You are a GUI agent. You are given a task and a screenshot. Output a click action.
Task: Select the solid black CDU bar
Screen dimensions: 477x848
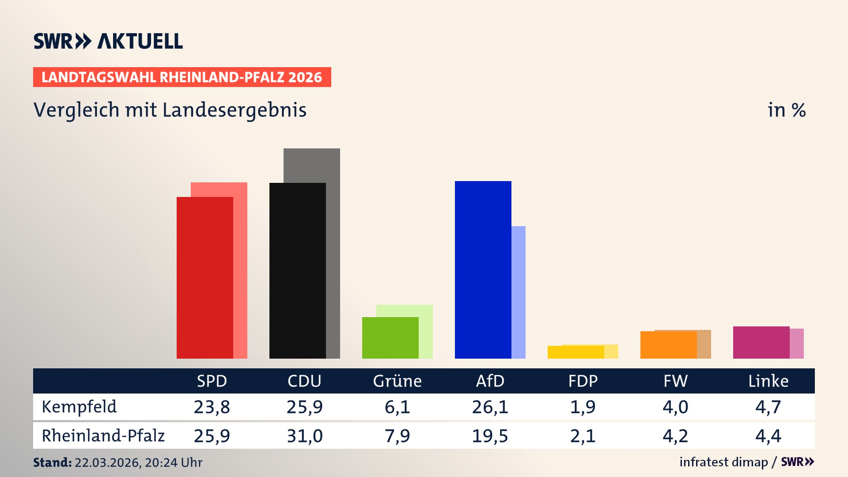tap(297, 270)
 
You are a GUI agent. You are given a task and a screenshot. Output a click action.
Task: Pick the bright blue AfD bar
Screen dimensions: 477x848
tap(483, 269)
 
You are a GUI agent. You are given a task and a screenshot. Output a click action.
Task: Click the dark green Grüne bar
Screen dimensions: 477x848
tap(390, 337)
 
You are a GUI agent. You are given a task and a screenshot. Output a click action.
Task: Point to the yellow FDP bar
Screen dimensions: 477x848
tap(575, 352)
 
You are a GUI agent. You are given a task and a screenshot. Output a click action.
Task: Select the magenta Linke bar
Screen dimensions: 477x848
tap(761, 342)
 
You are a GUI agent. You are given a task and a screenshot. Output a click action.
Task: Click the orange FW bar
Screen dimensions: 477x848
tap(668, 345)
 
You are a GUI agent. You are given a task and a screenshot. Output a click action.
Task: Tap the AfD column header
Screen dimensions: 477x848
tap(490, 381)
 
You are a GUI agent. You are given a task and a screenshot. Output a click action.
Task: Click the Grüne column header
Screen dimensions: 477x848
tap(397, 381)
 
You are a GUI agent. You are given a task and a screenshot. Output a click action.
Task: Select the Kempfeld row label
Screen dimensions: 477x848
tap(79, 407)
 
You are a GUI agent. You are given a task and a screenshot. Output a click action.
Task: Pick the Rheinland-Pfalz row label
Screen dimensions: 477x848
tap(103, 435)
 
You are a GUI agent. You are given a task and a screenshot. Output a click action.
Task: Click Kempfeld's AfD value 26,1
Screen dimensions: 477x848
tap(490, 407)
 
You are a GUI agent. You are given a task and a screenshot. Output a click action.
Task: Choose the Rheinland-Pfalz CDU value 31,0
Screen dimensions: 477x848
tap(304, 436)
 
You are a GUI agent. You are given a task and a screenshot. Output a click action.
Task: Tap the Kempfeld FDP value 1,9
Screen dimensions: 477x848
tap(583, 407)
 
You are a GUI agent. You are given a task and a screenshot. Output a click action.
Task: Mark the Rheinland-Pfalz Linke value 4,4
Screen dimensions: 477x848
tap(768, 436)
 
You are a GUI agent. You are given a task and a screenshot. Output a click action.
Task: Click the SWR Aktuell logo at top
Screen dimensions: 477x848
tap(108, 41)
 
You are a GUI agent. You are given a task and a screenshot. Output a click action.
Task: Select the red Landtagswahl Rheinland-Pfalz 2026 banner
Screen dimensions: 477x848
tap(182, 77)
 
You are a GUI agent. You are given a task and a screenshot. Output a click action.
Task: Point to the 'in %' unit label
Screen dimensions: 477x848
tap(786, 110)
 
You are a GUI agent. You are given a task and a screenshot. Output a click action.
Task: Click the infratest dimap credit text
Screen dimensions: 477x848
tap(723, 462)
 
